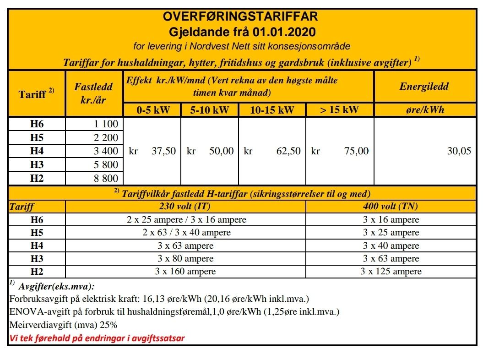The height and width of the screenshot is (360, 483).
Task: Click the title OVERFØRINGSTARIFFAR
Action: click(240, 17)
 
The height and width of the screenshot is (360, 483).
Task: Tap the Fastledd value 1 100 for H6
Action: click(106, 124)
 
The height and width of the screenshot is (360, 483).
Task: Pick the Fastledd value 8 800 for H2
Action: click(106, 179)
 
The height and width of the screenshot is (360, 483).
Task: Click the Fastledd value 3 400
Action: click(106, 151)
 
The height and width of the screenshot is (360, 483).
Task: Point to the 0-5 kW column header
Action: click(152, 110)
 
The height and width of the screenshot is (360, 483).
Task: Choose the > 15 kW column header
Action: click(339, 110)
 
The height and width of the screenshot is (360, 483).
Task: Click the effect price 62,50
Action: click(288, 151)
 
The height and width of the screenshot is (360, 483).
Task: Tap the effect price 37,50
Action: click(163, 151)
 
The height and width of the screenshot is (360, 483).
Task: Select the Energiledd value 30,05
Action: click(459, 151)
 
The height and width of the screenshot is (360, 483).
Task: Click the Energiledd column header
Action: click(424, 86)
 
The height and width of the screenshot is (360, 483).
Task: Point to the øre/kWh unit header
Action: click(424, 110)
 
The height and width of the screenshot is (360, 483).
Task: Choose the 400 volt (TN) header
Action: click(391, 206)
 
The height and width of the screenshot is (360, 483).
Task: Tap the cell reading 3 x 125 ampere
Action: click(391, 272)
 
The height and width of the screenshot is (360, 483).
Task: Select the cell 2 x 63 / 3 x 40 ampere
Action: click(186, 233)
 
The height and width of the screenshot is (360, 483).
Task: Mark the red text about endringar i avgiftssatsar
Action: click(97, 338)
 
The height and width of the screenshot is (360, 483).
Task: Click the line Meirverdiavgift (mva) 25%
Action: click(64, 325)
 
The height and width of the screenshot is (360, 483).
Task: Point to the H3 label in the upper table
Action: click(37, 165)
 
